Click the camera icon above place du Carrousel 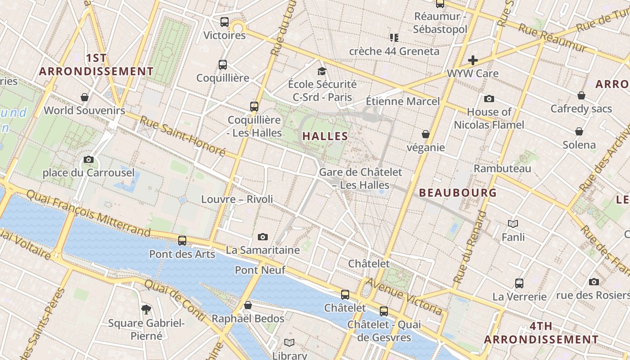tap(89, 159)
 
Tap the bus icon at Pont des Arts tap(182, 241)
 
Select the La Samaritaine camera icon tap(263, 237)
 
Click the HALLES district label tap(325, 136)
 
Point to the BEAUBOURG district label tap(458, 193)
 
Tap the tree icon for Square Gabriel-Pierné tap(146, 309)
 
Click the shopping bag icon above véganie tap(425, 134)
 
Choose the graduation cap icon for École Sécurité tap(322, 71)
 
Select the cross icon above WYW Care tap(472, 60)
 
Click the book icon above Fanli tap(513, 224)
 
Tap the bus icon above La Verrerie tap(519, 283)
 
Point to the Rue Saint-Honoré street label tap(182, 136)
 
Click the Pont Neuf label tap(260, 270)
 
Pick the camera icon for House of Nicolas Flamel tap(489, 99)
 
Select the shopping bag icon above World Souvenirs tap(85, 97)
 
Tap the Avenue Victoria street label tap(404, 296)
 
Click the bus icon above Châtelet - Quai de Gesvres tap(384, 311)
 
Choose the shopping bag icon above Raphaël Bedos tap(247, 306)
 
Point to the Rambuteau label tap(502, 169)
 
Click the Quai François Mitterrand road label tap(88, 213)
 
